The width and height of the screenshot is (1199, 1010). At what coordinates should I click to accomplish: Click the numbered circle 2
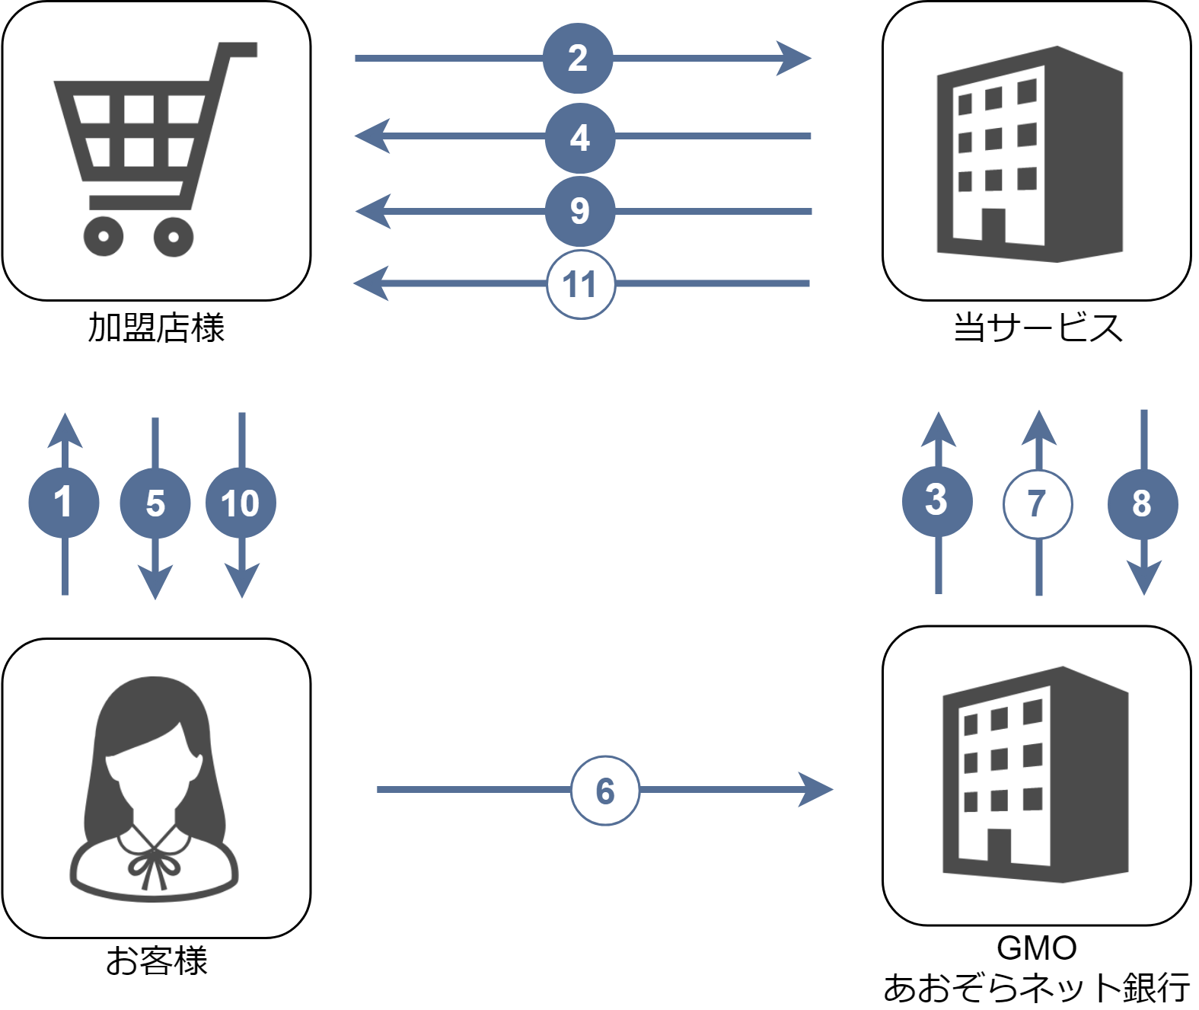578,58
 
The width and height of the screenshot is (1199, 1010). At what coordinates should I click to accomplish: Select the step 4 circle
580,137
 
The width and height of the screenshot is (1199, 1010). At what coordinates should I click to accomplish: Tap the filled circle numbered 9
580,210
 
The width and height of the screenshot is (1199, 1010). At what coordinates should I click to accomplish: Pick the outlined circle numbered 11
580,284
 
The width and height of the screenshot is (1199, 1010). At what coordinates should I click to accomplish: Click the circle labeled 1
64,503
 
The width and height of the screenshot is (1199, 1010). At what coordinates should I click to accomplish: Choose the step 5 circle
155,503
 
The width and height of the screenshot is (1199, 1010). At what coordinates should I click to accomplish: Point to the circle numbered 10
241,503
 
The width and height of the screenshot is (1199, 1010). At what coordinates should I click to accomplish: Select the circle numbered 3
937,501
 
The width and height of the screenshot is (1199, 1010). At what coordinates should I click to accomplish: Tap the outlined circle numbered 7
1038,504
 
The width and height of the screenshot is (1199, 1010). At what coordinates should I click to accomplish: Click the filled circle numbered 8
1143,503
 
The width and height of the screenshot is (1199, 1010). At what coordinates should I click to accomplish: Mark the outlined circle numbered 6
605,791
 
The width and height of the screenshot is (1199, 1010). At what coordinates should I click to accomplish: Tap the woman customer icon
155,788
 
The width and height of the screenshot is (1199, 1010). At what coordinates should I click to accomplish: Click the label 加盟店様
156,328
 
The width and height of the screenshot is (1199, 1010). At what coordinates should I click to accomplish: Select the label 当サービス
1038,328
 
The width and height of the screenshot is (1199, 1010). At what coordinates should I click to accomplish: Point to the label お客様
156,960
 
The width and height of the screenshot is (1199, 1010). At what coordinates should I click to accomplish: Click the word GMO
1036,949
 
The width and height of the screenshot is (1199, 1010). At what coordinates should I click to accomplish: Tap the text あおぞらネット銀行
1036,988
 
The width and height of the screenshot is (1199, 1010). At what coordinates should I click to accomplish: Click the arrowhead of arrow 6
818,790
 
